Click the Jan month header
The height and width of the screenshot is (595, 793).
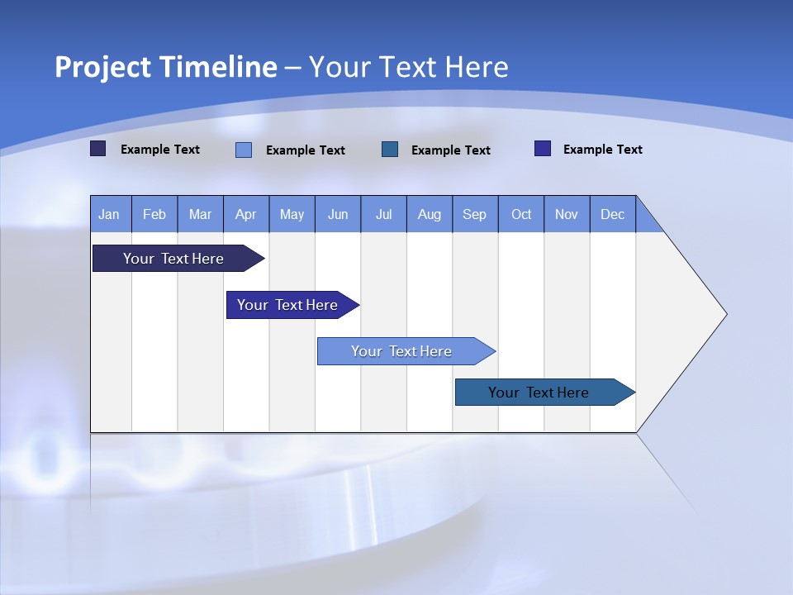[110, 214]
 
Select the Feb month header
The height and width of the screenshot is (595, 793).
[154, 214]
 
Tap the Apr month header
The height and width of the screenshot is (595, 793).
[246, 214]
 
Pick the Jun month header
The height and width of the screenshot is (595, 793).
[338, 214]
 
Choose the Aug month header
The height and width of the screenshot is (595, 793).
[430, 214]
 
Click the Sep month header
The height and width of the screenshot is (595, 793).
[475, 214]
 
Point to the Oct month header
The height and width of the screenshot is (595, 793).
[521, 214]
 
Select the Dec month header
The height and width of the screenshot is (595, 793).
[613, 214]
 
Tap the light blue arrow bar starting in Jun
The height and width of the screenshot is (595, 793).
[402, 351]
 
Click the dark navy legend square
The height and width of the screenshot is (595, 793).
[97, 149]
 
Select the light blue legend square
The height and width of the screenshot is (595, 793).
[244, 150]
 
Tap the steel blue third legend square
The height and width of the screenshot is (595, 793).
[390, 149]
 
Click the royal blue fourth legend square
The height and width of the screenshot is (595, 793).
[543, 149]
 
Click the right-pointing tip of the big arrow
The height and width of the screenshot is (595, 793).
[723, 313]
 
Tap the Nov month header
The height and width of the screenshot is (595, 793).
[567, 214]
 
